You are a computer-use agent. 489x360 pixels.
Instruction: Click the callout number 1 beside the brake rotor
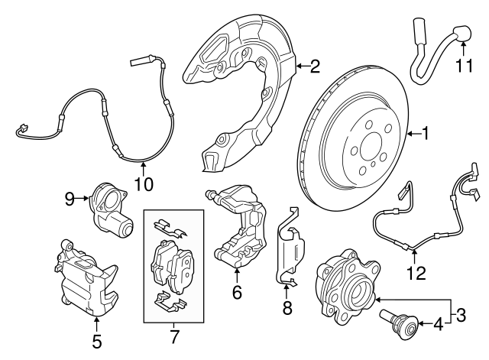(x=426, y=135)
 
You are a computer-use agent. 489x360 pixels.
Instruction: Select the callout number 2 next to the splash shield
(x=315, y=67)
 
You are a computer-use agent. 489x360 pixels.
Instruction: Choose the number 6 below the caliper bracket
(x=237, y=291)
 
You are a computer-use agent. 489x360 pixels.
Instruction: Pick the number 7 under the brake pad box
(x=174, y=336)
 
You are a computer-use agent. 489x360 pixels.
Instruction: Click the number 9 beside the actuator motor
(x=68, y=199)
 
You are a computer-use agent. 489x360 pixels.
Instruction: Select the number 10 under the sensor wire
(x=144, y=183)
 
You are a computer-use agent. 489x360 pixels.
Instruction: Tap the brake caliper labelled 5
(x=88, y=279)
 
